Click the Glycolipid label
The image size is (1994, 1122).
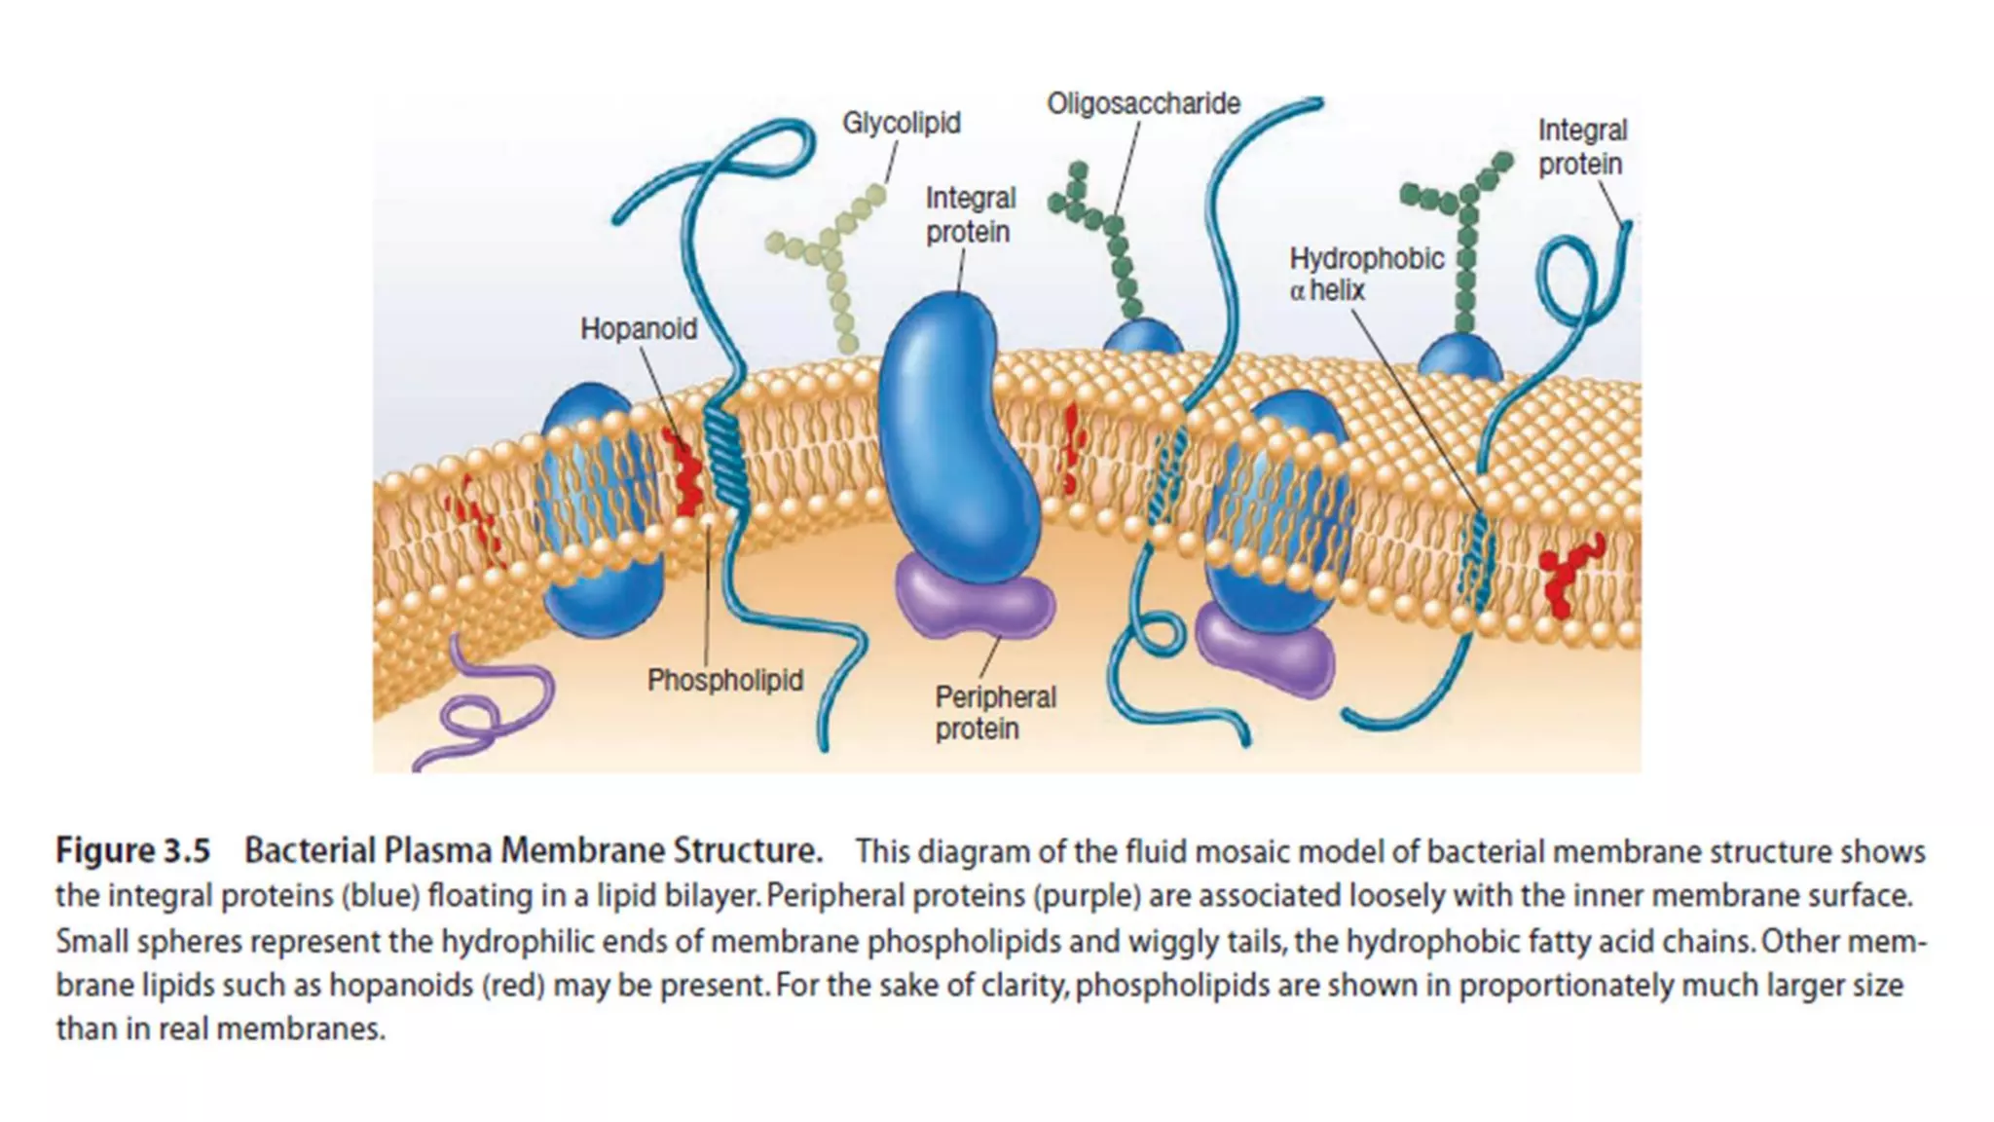(x=901, y=124)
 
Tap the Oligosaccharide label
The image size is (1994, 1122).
(x=1143, y=104)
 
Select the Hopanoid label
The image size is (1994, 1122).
(x=639, y=329)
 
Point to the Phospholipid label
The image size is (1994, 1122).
(x=725, y=680)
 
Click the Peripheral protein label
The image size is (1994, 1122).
(x=995, y=713)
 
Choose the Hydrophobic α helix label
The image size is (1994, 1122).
(x=1366, y=274)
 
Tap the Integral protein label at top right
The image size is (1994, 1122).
(x=1582, y=147)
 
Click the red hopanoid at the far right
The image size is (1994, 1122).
(x=1568, y=575)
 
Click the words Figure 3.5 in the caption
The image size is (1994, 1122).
(x=132, y=851)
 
